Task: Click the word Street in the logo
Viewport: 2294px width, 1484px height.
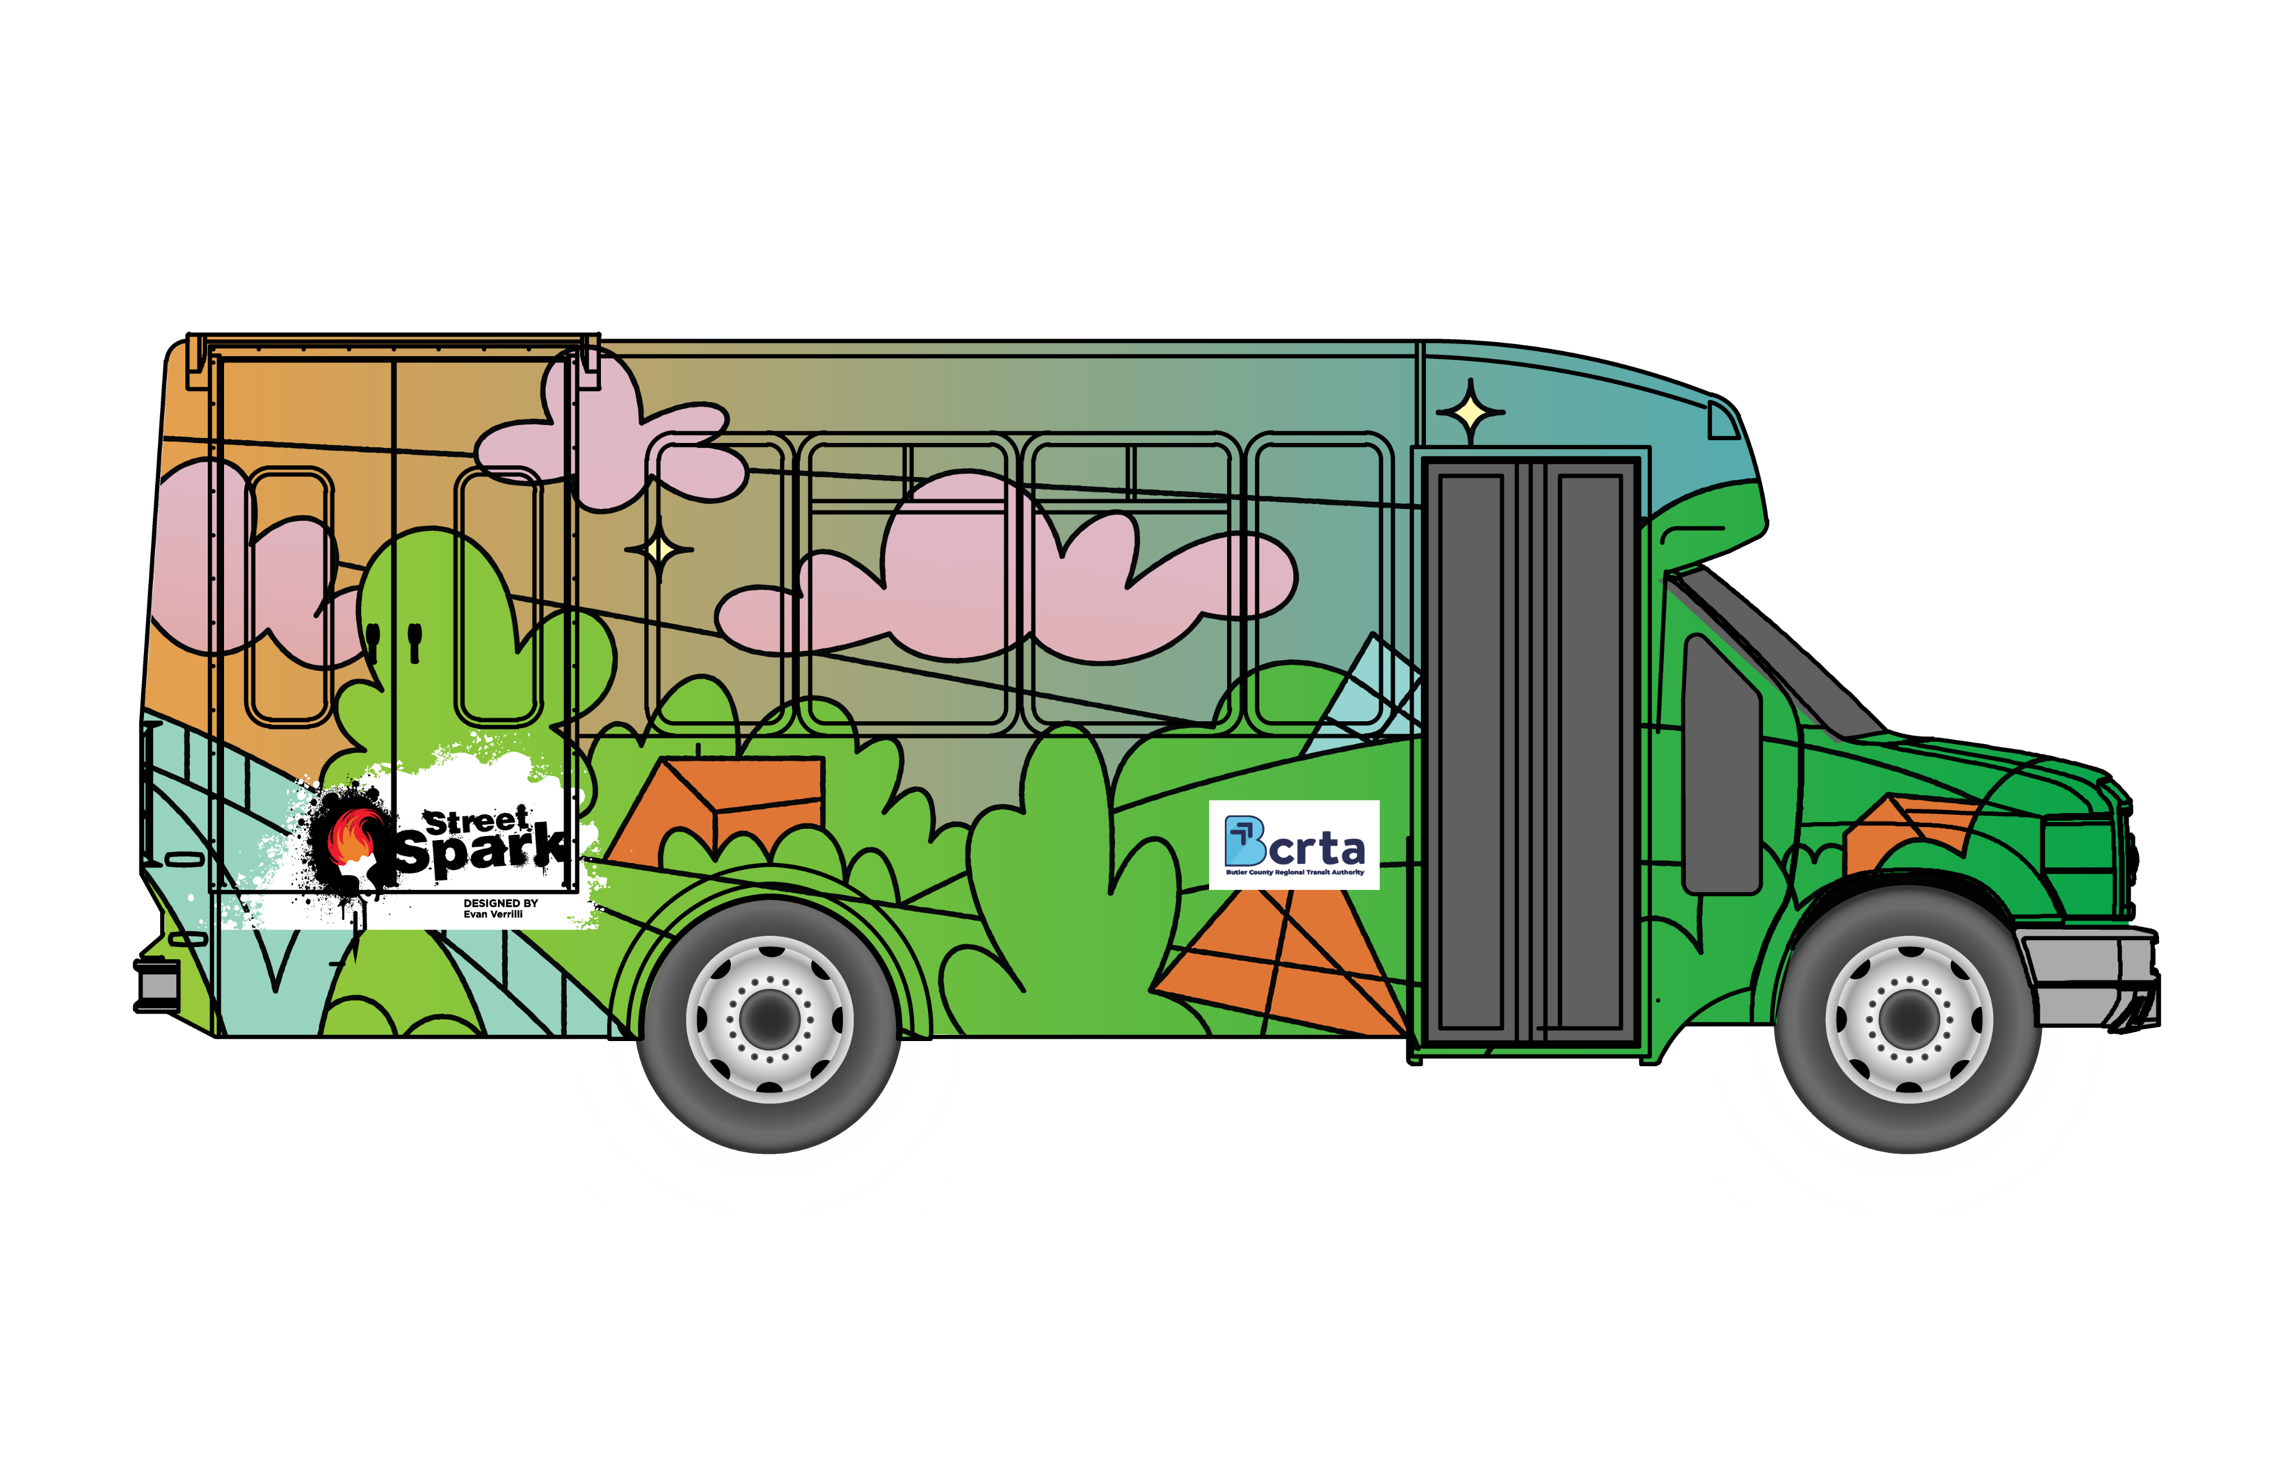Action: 477,821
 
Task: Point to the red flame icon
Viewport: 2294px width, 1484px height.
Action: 353,837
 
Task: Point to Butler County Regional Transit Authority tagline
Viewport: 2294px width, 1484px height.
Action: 1294,872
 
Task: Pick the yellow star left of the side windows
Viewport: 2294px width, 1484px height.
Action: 659,549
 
